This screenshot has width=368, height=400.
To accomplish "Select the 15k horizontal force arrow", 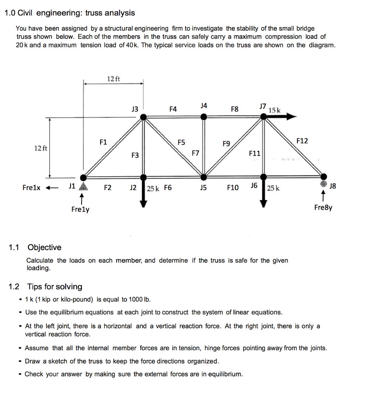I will [x=281, y=116].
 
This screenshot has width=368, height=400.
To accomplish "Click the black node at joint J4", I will [x=203, y=116].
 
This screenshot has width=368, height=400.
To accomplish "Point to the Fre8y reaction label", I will [x=323, y=207].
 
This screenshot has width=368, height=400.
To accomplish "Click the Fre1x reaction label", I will [x=32, y=187].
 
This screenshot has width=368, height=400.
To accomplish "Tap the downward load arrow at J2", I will [x=143, y=195].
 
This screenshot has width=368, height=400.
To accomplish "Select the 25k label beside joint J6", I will [x=273, y=188].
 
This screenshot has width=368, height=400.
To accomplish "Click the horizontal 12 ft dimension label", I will [x=113, y=79].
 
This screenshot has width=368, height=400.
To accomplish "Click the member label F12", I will [x=302, y=141].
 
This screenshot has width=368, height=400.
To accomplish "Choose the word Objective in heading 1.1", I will [x=44, y=247].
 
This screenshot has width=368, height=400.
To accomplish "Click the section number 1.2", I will [x=14, y=287].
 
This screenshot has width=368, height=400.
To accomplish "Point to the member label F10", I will [x=233, y=187].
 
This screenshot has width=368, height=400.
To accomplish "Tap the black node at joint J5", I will [x=203, y=177].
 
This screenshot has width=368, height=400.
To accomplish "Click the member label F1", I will [x=103, y=142].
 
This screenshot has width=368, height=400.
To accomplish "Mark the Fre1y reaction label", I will [x=80, y=209].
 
